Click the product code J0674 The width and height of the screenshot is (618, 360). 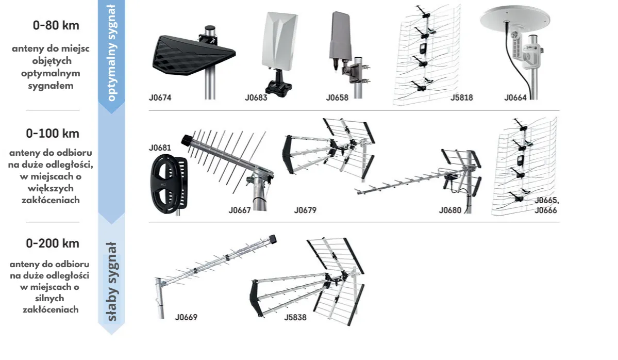click(x=160, y=97)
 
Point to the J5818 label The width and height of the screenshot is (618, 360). click(x=461, y=97)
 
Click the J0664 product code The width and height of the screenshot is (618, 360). click(x=515, y=97)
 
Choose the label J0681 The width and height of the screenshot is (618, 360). click(x=160, y=148)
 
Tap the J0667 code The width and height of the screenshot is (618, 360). click(x=240, y=210)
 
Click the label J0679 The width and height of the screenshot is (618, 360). click(x=305, y=210)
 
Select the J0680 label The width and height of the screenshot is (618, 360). click(x=450, y=210)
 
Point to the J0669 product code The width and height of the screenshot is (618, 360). click(x=186, y=318)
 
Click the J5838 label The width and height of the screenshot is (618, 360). click(x=295, y=318)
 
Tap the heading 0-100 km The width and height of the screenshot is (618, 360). click(x=53, y=134)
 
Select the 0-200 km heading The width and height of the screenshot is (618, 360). click(x=53, y=243)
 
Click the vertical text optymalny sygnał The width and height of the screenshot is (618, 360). click(x=112, y=52)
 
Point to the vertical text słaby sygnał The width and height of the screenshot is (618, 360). click(x=112, y=281)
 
